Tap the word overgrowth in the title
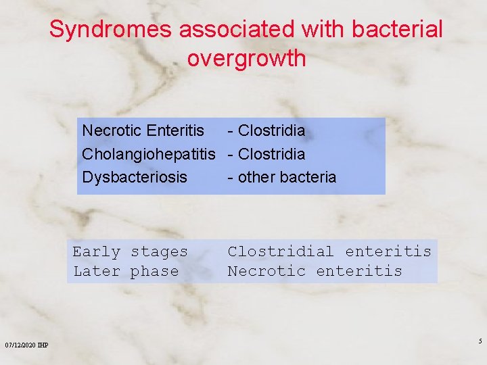tap(246, 59)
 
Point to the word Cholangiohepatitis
tap(148, 153)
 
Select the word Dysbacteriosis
tap(134, 177)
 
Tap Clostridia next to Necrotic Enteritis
tap(271, 130)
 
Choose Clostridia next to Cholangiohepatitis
tap(271, 153)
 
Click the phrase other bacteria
tap(287, 177)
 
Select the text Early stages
tap(130, 252)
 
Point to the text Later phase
tap(126, 272)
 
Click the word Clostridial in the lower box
tap(280, 252)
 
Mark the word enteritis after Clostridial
tap(388, 252)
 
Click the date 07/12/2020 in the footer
tap(20, 345)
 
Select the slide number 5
tap(480, 341)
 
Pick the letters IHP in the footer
tap(43, 345)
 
